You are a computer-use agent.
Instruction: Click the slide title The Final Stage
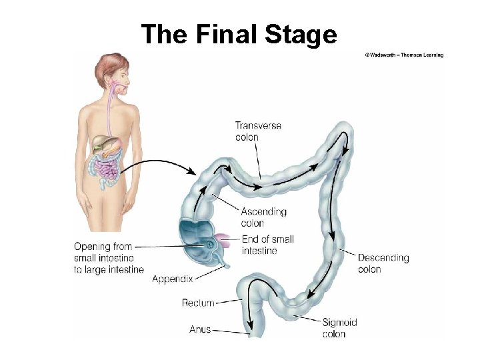click(239, 34)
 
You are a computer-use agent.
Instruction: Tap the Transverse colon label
click(258, 131)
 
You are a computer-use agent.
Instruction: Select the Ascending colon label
click(263, 217)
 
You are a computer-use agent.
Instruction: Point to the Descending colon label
click(383, 263)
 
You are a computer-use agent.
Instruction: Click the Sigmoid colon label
click(339, 327)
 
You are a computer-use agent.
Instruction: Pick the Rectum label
click(198, 303)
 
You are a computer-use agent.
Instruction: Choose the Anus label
click(200, 329)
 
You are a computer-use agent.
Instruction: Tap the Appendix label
click(172, 279)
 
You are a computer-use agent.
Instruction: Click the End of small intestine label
click(267, 245)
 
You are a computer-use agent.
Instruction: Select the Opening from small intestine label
click(109, 258)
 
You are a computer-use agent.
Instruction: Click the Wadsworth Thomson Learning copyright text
click(404, 55)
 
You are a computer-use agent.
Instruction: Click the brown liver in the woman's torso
click(103, 142)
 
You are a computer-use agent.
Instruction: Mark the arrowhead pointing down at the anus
click(251, 326)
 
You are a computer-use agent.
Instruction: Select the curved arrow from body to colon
click(160, 164)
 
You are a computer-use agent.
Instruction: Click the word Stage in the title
click(301, 34)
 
